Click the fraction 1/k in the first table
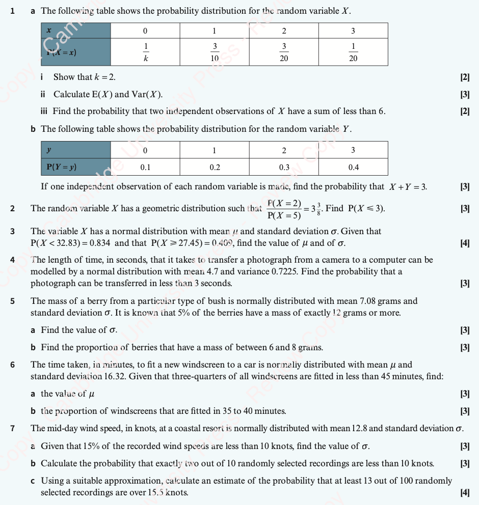[145, 52]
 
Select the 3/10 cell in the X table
[215, 52]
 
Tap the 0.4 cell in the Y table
[353, 166]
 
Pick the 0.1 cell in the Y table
[145, 166]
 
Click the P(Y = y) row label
[62, 166]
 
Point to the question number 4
[13, 260]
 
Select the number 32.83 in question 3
[68, 243]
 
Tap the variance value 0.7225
[282, 271]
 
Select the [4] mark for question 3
[464, 243]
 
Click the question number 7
[13, 428]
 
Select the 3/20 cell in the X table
[284, 52]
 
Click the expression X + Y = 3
[408, 186]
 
